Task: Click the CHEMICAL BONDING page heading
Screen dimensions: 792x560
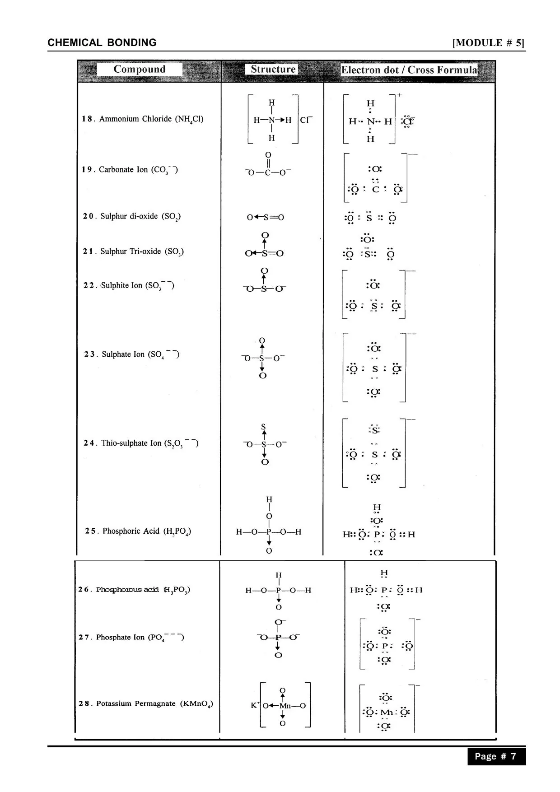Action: (102, 43)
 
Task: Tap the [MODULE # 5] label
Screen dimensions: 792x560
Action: (488, 43)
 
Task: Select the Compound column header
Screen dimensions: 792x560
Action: (140, 70)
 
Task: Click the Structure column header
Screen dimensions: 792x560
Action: (273, 70)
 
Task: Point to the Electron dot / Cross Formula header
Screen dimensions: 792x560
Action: (409, 70)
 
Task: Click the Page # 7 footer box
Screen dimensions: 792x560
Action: (496, 756)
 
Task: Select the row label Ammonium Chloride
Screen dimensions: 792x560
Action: (143, 119)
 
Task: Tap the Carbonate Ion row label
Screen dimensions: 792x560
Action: (130, 170)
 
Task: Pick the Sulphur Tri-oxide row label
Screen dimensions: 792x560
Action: (133, 252)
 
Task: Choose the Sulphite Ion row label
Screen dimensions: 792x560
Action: (129, 285)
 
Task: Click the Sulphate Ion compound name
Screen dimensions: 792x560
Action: (132, 354)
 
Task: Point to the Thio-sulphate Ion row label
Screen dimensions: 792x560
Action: (141, 443)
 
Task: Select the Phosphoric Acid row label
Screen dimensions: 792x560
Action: (138, 531)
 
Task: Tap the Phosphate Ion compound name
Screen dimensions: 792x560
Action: (131, 638)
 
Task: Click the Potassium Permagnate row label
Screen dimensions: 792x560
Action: (146, 703)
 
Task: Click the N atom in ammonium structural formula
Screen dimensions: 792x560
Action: (272, 120)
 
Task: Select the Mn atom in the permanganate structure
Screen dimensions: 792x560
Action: (285, 706)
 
